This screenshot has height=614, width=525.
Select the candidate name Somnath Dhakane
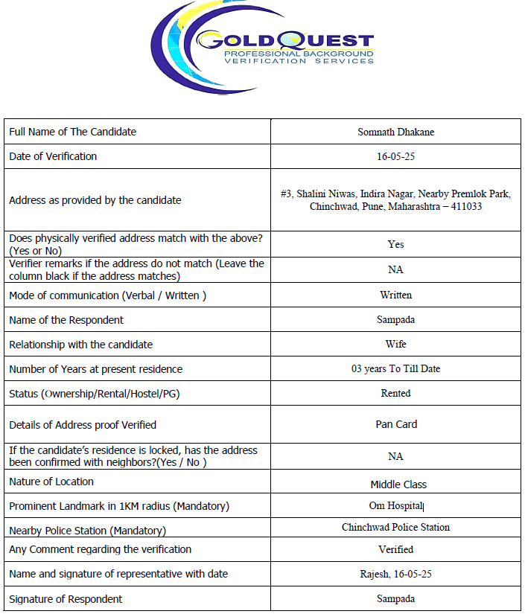395,132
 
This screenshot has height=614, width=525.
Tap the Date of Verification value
395,156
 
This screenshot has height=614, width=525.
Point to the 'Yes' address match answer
395,244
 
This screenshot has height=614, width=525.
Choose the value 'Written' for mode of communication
395,295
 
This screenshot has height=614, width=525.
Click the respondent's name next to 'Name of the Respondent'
395,320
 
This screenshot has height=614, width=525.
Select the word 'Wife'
395,345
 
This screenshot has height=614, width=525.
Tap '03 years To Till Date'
395,369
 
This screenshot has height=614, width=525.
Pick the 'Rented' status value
395,393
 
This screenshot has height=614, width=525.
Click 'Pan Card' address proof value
396,424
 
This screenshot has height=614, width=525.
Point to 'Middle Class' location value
398,485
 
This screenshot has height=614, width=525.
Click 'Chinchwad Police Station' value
395,527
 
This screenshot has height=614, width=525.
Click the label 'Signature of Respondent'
66,599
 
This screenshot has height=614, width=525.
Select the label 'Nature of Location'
51,482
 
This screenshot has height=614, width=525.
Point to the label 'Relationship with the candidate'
80,345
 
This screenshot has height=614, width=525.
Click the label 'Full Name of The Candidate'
72,132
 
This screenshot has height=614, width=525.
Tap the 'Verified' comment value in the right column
395,549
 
